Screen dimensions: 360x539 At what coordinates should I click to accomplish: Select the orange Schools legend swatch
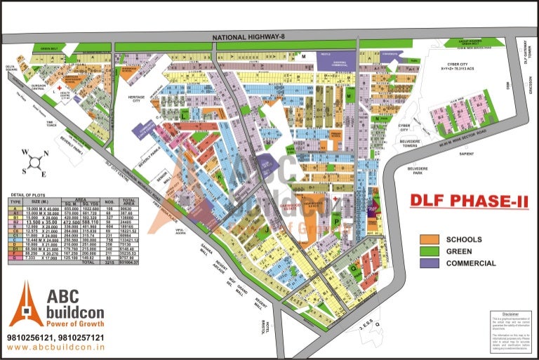click(430, 239)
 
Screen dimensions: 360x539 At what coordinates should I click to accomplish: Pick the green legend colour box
click(430, 251)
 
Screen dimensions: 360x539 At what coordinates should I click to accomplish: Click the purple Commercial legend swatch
click(430, 263)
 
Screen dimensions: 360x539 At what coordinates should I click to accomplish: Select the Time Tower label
click(51, 124)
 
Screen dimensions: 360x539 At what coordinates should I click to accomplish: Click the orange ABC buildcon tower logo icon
click(26, 304)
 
